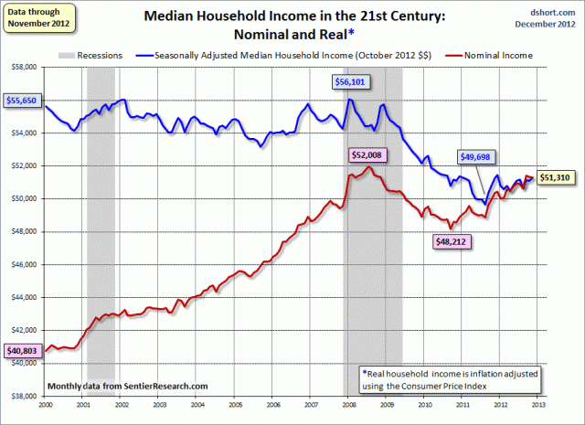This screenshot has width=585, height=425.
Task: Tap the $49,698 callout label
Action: [x=479, y=156]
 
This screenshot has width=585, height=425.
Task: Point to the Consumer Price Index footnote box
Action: [x=444, y=379]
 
